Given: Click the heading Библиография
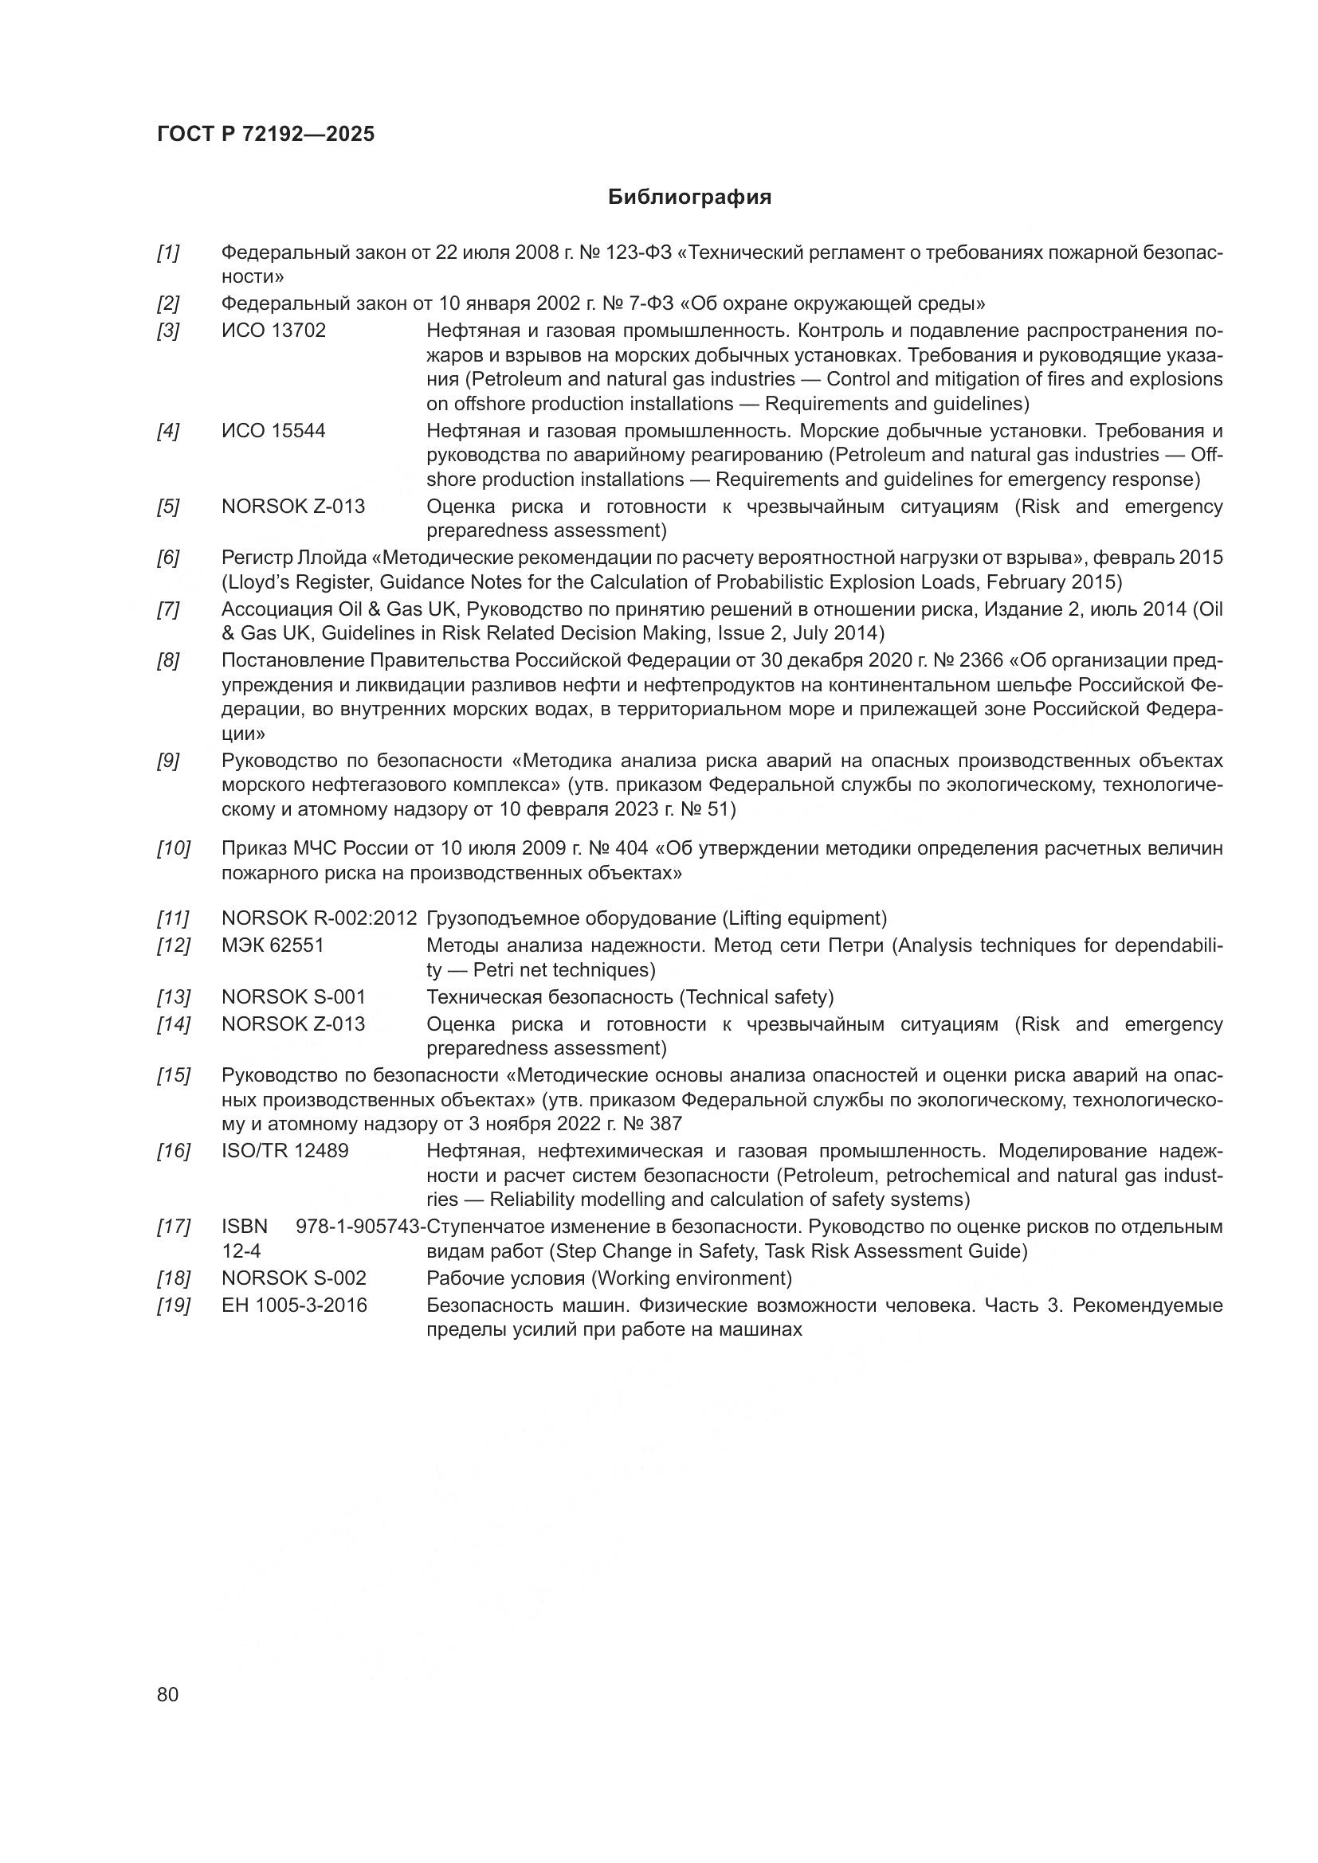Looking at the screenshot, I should [x=689, y=198].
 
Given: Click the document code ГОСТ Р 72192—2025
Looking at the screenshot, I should [x=265, y=135].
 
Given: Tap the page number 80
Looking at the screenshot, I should [x=168, y=1694].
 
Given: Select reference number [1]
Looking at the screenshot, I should [x=168, y=253].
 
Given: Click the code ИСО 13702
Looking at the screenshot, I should [x=273, y=331].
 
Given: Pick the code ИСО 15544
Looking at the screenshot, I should [x=273, y=431].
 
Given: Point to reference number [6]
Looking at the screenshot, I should [x=168, y=558].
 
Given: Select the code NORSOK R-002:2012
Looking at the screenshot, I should [x=319, y=918].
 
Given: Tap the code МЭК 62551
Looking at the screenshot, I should [x=273, y=945].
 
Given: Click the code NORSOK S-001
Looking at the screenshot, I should [x=293, y=997].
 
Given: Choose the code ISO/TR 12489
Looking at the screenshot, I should [x=284, y=1151].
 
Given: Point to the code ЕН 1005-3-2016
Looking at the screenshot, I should [x=294, y=1305].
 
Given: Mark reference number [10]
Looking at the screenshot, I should [x=173, y=849].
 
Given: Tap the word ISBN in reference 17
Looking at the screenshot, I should [x=245, y=1227].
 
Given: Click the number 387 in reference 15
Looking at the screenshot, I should [x=665, y=1124].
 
